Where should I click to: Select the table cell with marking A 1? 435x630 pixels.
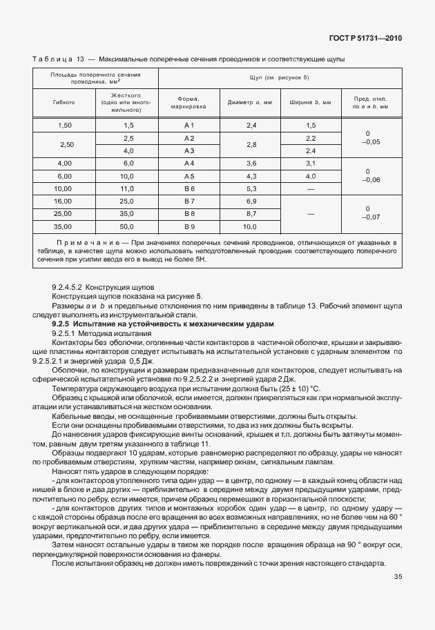click(190, 125)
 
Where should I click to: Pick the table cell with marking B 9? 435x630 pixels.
click(190, 226)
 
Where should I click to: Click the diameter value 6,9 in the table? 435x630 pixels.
click(251, 201)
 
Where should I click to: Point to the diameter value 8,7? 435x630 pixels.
click(251, 213)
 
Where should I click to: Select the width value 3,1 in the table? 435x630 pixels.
click(310, 163)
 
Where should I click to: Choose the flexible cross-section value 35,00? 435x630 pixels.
click(64, 226)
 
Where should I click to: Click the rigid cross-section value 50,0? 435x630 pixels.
click(128, 226)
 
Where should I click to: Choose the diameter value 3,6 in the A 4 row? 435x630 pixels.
click(251, 163)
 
